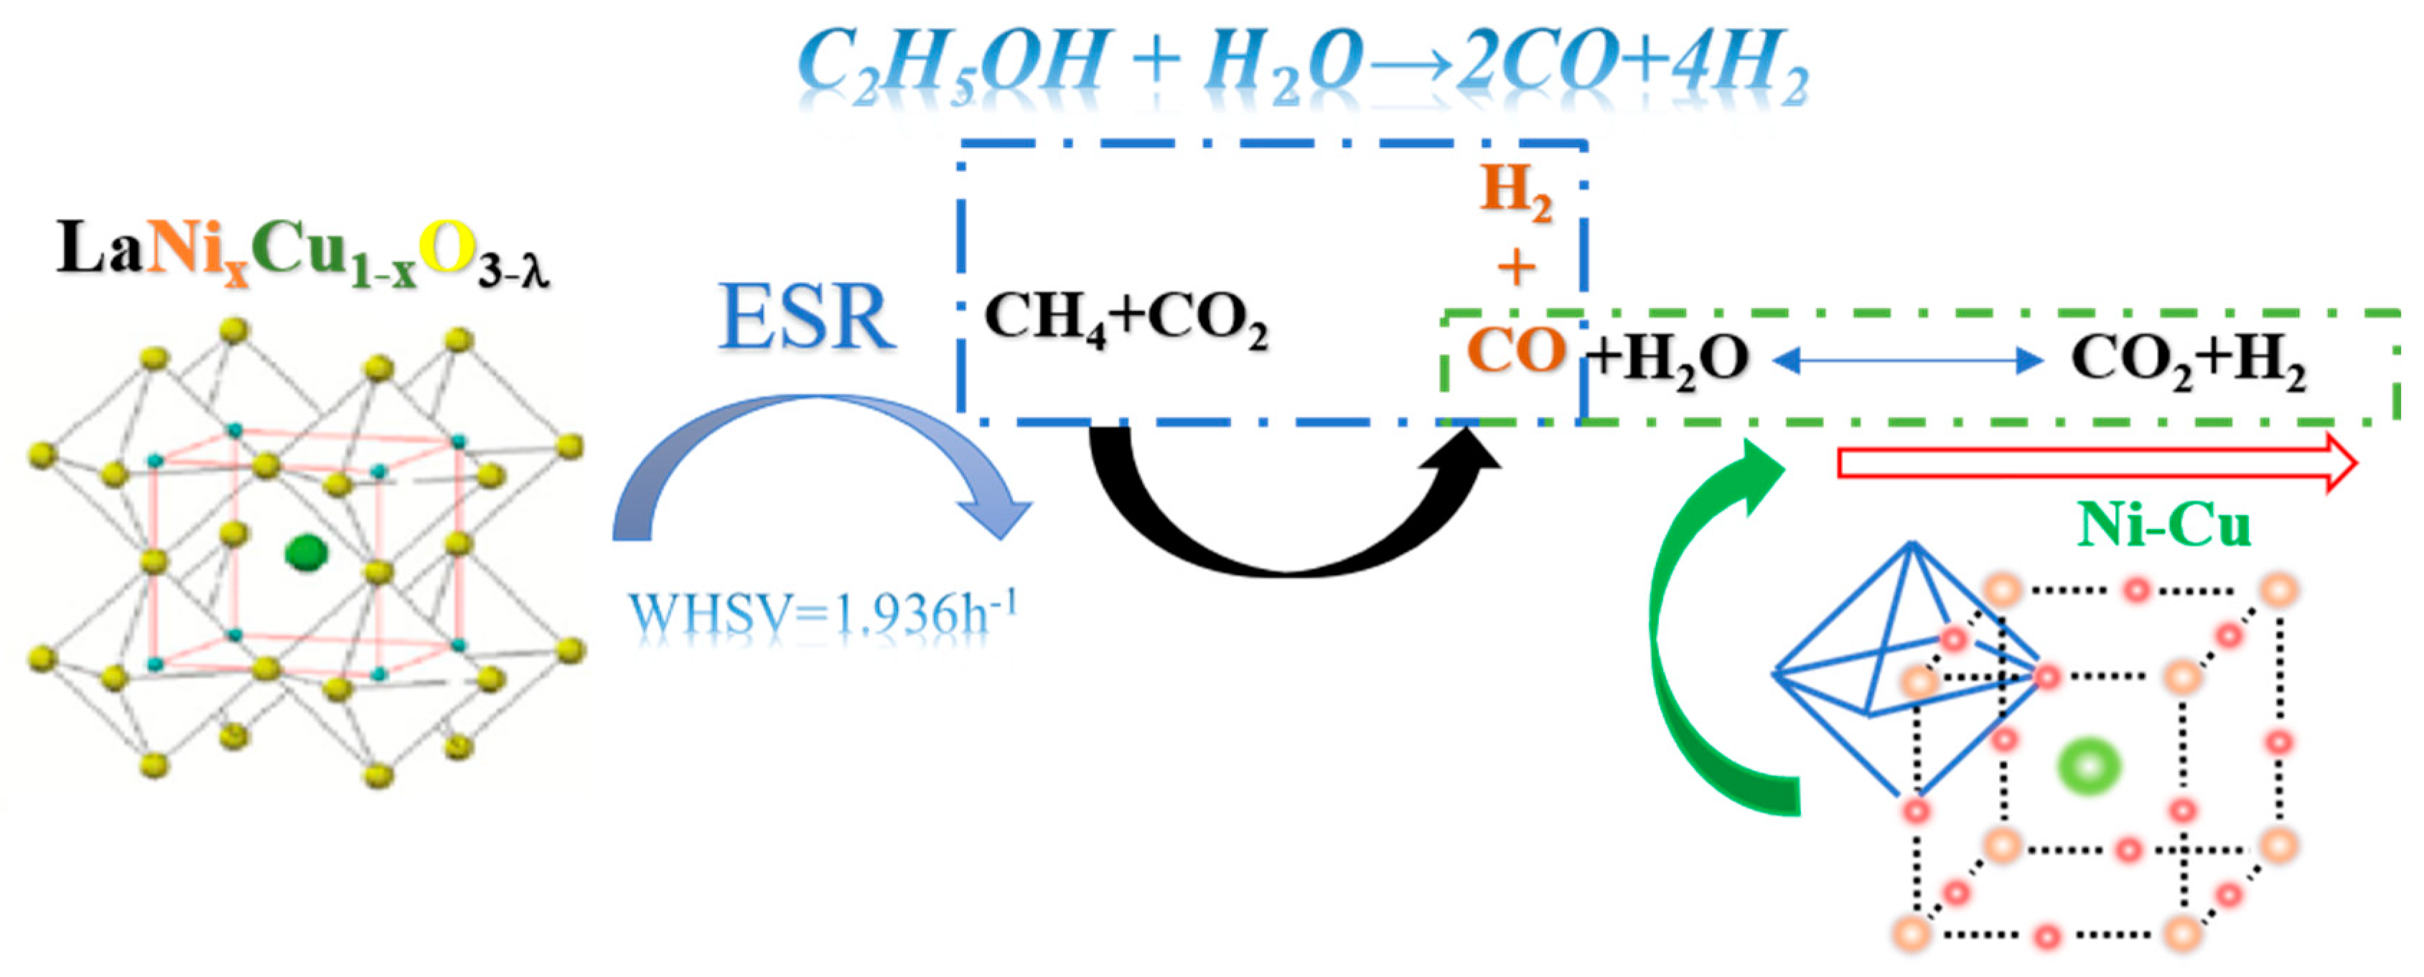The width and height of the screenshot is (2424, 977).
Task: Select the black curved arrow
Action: (1289, 527)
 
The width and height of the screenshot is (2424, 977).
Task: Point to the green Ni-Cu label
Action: (2163, 525)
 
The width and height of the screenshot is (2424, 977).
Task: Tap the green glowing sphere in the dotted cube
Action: (2088, 766)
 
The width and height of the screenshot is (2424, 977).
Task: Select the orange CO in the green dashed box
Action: (1516, 351)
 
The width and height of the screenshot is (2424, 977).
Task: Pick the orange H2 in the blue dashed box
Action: (1516, 191)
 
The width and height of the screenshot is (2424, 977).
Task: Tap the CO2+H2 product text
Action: (2188, 360)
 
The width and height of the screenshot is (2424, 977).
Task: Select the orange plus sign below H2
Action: (1516, 268)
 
